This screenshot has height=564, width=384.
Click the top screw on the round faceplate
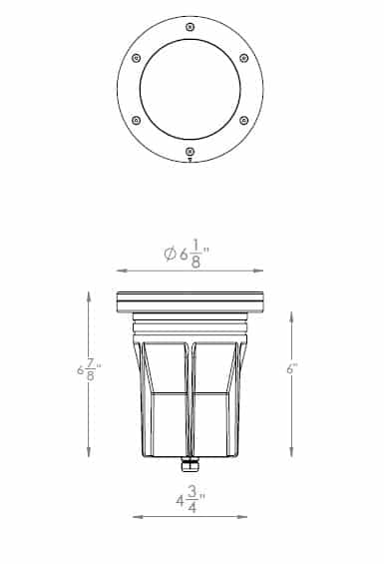pyautogui.click(x=190, y=27)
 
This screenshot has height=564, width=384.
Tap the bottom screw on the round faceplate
pyautogui.click(x=190, y=152)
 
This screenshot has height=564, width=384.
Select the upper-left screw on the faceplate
pyautogui.click(x=136, y=58)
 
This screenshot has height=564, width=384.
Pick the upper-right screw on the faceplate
pyautogui.click(x=243, y=58)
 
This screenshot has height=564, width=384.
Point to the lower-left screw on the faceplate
pyautogui.click(x=136, y=121)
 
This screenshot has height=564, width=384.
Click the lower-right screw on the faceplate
pyautogui.click(x=243, y=121)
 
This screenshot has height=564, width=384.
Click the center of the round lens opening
pyautogui.click(x=190, y=89)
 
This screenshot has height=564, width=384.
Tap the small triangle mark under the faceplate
pyautogui.click(x=190, y=161)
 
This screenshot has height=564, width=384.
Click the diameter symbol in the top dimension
pyautogui.click(x=170, y=255)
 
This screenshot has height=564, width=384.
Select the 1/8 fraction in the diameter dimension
pyautogui.click(x=195, y=255)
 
